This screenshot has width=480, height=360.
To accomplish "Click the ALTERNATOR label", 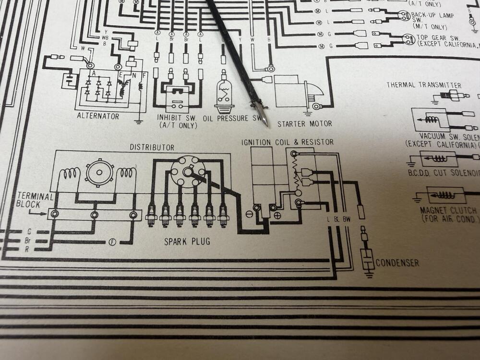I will tap(98, 116).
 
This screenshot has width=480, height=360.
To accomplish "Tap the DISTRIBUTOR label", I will tap(152, 147).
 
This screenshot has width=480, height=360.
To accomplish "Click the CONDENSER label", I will tap(397, 263).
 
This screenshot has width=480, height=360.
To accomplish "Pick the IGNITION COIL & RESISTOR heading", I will tap(288, 142).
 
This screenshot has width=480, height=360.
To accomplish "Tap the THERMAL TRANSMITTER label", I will tap(424, 85).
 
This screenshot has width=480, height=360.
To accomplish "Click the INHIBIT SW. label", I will tap(177, 118).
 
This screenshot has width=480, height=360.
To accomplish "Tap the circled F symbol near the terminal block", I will tap(113, 241).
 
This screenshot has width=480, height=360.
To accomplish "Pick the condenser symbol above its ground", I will tap(368, 259).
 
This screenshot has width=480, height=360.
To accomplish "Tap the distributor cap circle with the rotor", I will tap(188, 170).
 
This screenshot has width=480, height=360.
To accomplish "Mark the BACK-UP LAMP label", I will tap(434, 15).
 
